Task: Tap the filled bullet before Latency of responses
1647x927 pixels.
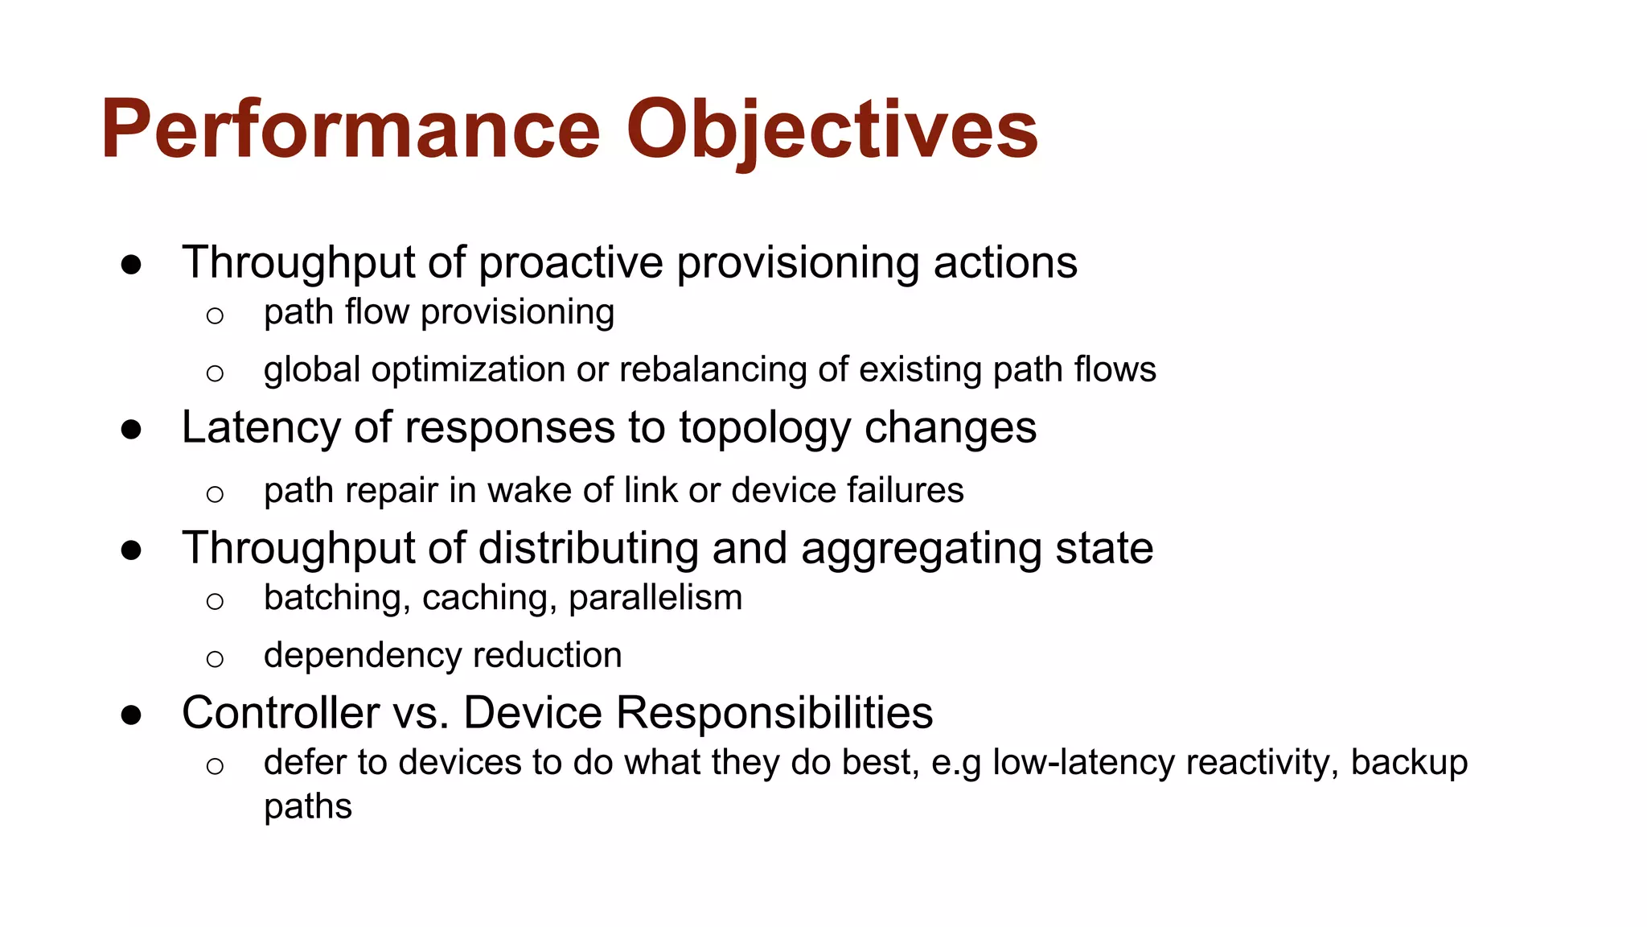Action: [x=131, y=429]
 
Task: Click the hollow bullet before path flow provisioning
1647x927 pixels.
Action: [x=214, y=315]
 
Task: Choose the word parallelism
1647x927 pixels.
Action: [x=655, y=598]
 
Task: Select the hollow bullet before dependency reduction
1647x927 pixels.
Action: [x=214, y=659]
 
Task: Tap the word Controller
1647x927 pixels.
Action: [x=281, y=713]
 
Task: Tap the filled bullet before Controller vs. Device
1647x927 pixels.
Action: [x=131, y=715]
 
